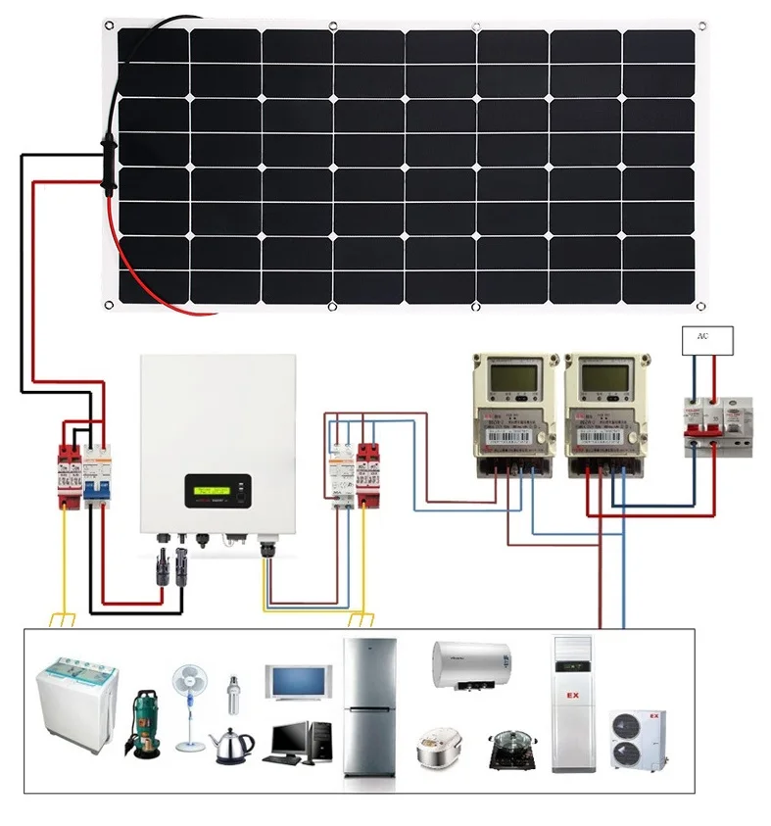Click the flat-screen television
click(298, 682)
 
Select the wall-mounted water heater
click(470, 666)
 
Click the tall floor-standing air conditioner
click(574, 703)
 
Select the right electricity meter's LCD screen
click(599, 376)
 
